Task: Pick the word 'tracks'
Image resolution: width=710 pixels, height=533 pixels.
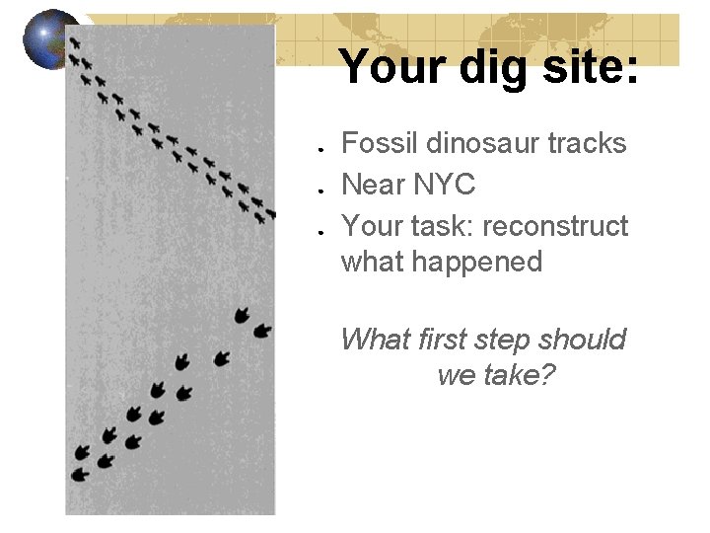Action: tap(588, 144)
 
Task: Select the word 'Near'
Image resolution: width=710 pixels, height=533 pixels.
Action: tap(371, 185)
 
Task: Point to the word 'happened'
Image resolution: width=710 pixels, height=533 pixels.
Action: tap(441, 263)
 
